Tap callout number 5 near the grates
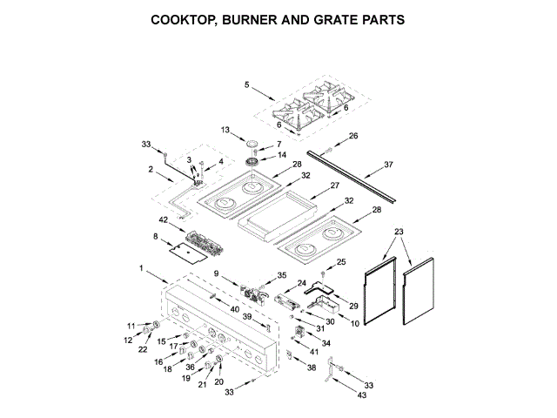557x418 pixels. tap(247, 84)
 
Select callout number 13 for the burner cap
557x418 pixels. tap(225, 131)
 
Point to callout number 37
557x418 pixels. tap(388, 163)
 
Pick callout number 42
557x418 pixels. tap(162, 220)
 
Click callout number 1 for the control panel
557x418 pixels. tap(141, 269)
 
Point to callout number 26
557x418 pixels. tap(353, 136)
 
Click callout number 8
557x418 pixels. tap(156, 236)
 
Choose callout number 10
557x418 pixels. tap(354, 324)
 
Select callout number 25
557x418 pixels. tap(341, 261)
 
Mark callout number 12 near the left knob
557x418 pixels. tap(127, 340)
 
